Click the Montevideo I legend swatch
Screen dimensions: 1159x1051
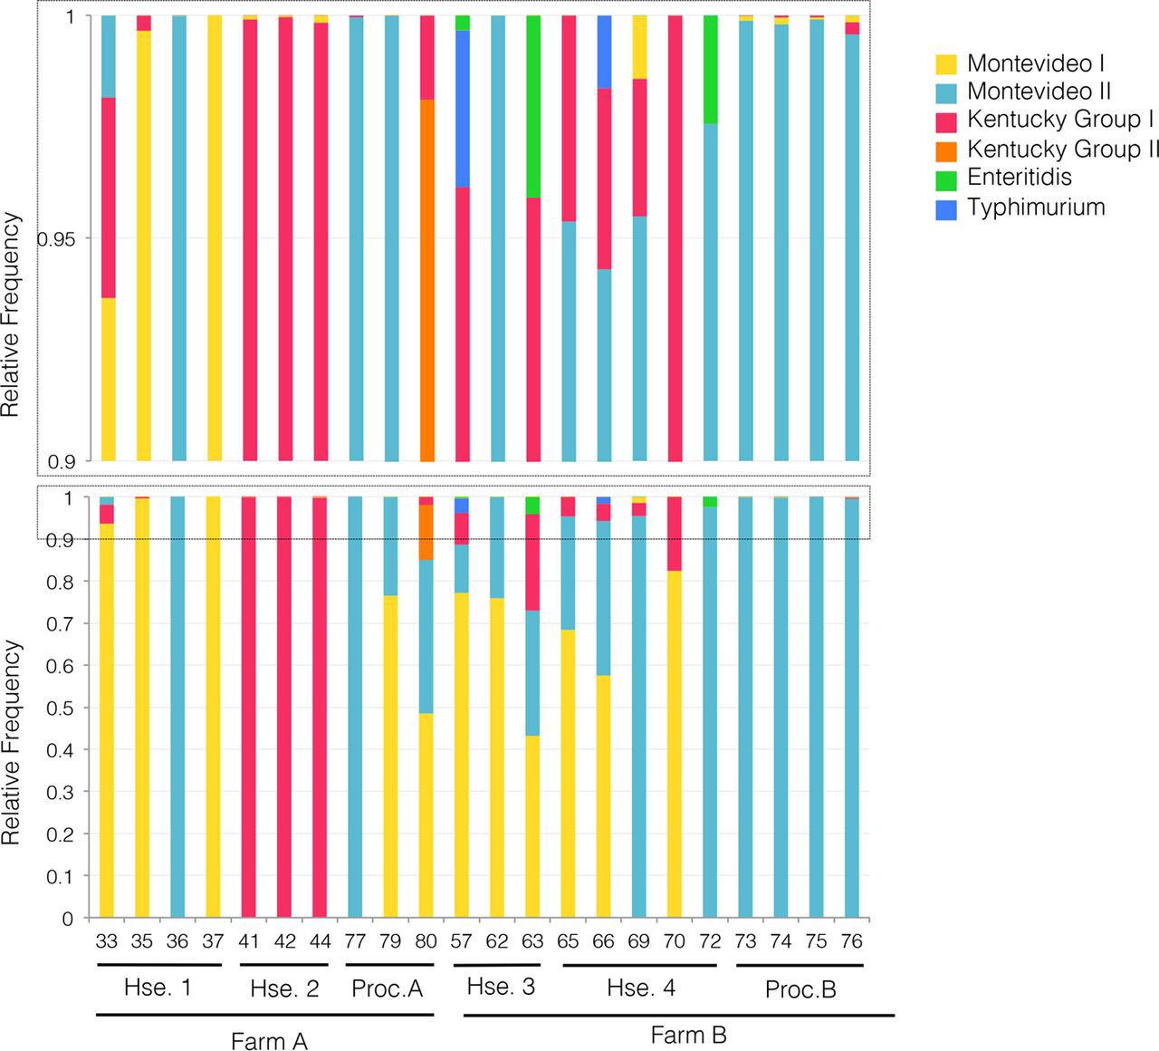pos(946,64)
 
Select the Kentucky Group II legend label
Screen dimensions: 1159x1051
pos(1063,149)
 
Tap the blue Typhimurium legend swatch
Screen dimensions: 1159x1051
pos(946,209)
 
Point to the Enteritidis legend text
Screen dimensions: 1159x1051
pos(1020,177)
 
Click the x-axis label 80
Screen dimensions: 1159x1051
pos(426,941)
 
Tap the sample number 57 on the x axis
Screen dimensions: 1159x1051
pos(461,941)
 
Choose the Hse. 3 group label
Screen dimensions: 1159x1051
pos(501,987)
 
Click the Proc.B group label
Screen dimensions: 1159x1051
pos(800,989)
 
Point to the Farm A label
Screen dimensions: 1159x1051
pos(269,1041)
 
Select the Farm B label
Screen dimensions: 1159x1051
pos(688,1035)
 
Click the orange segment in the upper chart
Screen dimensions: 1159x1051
pos(427,280)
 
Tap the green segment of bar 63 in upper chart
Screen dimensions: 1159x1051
pos(533,106)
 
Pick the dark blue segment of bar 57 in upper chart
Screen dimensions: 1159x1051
pos(462,109)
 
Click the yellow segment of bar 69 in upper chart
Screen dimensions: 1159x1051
pos(639,47)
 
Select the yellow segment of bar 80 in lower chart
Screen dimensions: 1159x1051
pos(426,815)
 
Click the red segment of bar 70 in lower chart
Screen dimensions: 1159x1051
pos(675,534)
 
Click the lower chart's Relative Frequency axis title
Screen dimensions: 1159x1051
pos(10,743)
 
